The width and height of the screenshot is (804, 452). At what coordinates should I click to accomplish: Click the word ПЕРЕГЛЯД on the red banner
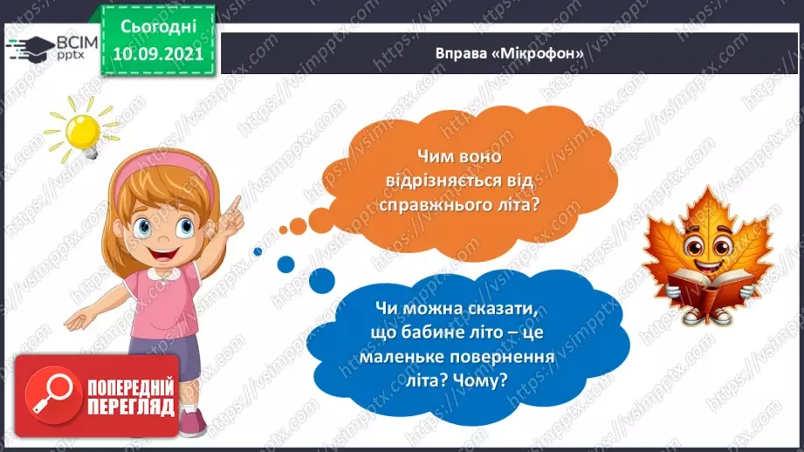(131, 407)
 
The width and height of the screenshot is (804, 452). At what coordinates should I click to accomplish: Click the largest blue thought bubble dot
(321, 279)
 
